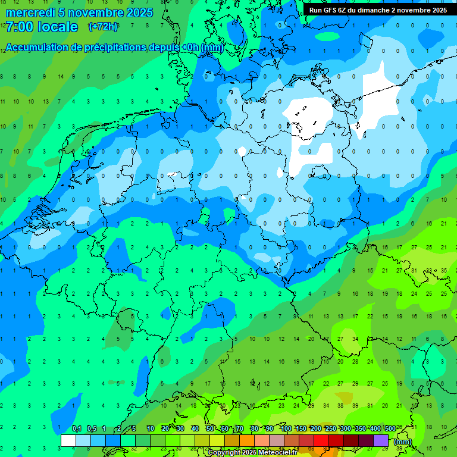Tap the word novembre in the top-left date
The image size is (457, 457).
click(95, 12)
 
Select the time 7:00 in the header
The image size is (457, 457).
click(18, 27)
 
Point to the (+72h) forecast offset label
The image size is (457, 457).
click(103, 26)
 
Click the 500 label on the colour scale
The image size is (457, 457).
click(390, 428)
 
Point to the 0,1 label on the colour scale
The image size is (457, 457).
click(77, 428)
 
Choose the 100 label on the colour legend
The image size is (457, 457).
click(286, 428)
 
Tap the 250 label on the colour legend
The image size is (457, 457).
click(331, 428)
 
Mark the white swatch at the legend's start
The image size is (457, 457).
click(68, 440)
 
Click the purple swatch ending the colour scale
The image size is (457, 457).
click(381, 440)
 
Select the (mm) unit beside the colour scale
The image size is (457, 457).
click(402, 442)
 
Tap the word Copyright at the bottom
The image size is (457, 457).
click(224, 452)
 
